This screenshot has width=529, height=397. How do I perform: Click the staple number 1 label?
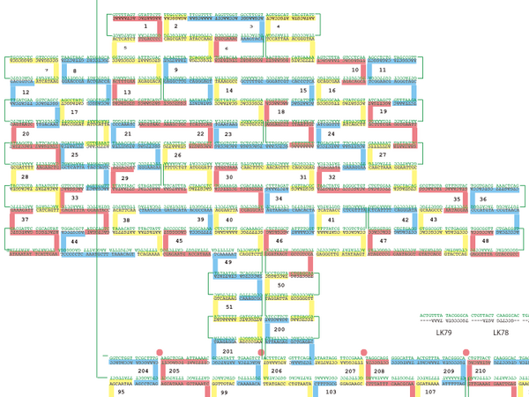click(145, 26)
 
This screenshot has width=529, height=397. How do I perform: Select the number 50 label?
click(280, 285)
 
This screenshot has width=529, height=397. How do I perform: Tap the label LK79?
click(443, 333)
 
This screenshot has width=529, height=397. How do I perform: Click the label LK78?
click(501, 333)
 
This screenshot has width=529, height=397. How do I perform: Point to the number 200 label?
click(279, 328)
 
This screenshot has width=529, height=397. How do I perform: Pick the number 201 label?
click(227, 351)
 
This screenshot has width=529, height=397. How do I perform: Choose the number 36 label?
click(483, 199)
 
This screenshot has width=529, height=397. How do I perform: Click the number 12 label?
click(25, 92)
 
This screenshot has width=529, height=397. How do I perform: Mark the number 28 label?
click(25, 177)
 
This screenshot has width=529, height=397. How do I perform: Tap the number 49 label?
click(227, 263)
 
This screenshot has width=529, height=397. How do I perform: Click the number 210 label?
click(480, 371)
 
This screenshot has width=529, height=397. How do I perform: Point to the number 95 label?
click(121, 391)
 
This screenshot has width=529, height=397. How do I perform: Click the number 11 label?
click(382, 69)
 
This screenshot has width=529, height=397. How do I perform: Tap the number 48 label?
click(484, 240)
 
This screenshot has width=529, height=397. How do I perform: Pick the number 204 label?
click(143, 371)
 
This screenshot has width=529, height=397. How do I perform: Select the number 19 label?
click(382, 112)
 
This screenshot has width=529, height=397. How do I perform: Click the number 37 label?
click(25, 219)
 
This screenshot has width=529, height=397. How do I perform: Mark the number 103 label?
click(331, 391)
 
